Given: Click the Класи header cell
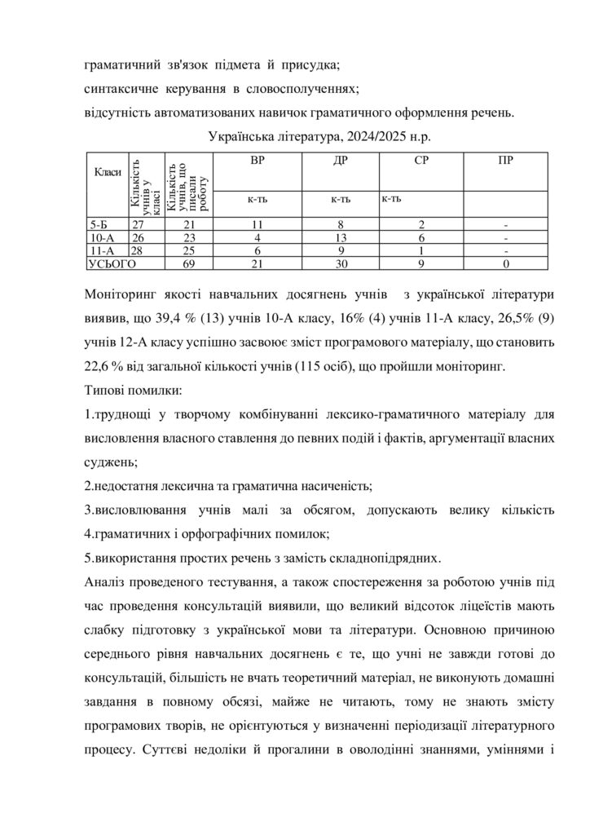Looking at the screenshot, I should click(x=108, y=171).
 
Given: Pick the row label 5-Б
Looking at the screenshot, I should click(x=97, y=224).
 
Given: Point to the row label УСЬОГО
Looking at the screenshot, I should click(x=112, y=264).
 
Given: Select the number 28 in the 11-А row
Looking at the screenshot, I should click(x=138, y=251).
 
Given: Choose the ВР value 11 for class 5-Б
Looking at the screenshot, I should click(x=258, y=224).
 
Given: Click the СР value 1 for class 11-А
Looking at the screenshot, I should click(x=422, y=251).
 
